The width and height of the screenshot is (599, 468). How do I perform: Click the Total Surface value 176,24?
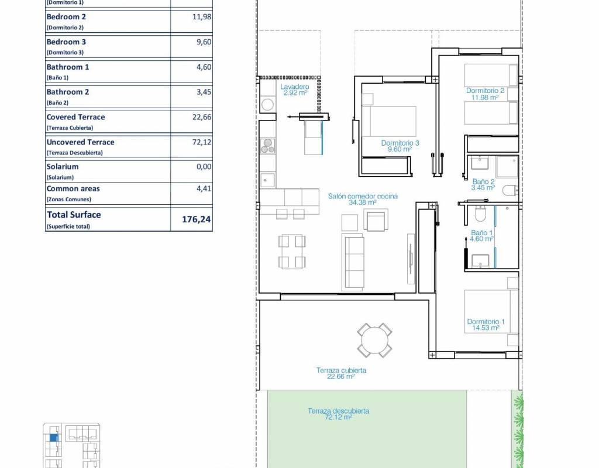[197, 219]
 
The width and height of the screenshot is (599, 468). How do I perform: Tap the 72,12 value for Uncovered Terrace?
[202, 142]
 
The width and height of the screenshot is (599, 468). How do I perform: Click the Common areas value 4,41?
[204, 189]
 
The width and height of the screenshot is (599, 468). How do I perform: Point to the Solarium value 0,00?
[204, 167]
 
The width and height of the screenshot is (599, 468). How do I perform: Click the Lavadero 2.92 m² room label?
[295, 90]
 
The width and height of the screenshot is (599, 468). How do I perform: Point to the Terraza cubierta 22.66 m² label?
[341, 373]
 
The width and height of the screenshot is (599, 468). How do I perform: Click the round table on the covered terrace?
[375, 340]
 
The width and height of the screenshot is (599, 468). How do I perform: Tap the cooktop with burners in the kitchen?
[268, 146]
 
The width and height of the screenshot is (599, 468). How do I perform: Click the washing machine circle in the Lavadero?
[267, 104]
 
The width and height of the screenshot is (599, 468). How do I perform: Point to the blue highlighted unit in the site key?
[54, 438]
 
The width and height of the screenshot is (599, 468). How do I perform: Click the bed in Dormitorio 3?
[389, 121]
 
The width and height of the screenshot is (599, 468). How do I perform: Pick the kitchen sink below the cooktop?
[267, 180]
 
